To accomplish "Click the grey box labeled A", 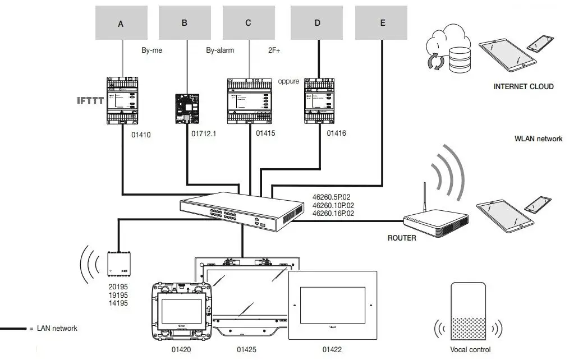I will click(121, 23).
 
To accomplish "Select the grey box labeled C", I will click(249, 23).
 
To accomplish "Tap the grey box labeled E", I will click(382, 23).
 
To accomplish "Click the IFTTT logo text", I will click(90, 101).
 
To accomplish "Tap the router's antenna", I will click(425, 196).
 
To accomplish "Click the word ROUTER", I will click(402, 238).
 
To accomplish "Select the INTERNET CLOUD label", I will click(523, 87).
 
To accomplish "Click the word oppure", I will click(288, 81).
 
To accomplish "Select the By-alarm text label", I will click(220, 50).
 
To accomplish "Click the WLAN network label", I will click(538, 139).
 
